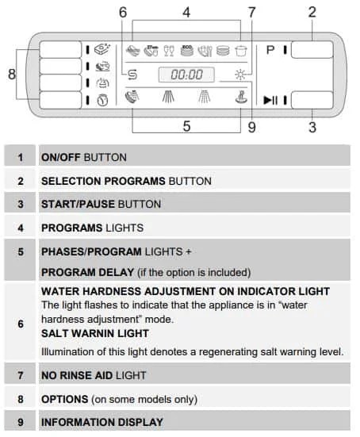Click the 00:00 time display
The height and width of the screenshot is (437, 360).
[x=186, y=75]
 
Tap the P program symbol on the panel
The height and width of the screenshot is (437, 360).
[x=270, y=50]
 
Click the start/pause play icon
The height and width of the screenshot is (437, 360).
[x=270, y=100]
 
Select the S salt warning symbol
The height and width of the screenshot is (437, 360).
[x=132, y=75]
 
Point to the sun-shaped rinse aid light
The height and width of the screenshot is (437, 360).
[x=240, y=75]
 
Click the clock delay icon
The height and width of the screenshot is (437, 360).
[x=102, y=100]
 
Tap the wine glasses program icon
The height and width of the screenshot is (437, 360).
[x=169, y=51]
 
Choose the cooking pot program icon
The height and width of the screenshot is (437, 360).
[x=241, y=51]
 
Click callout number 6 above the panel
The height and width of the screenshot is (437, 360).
[x=123, y=13]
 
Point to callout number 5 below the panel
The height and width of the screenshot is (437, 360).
[x=186, y=126]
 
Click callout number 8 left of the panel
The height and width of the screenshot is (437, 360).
[x=11, y=74]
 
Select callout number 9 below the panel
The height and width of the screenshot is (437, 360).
[x=251, y=128]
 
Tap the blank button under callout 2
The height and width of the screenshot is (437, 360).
[x=312, y=50]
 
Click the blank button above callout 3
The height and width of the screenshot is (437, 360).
[x=312, y=100]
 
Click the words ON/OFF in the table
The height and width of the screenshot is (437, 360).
[x=61, y=158]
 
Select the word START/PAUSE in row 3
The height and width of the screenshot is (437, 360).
[x=78, y=205]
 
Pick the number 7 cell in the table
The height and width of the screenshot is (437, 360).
[x=21, y=375]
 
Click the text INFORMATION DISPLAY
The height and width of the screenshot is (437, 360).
[x=102, y=422]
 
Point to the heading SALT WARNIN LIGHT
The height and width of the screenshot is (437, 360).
[x=95, y=334]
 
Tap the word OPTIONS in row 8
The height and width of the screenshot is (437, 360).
[x=65, y=400]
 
